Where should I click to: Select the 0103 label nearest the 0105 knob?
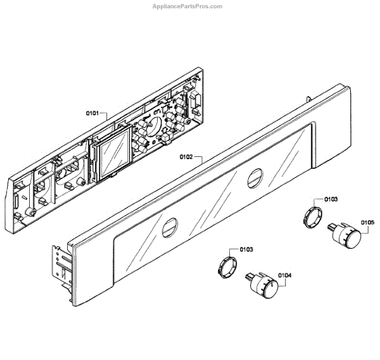tap(331, 199)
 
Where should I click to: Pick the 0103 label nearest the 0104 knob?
tap(246, 249)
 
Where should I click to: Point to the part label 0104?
tap(284, 275)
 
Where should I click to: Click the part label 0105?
tap(368, 222)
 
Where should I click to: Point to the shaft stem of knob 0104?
tap(247, 276)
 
